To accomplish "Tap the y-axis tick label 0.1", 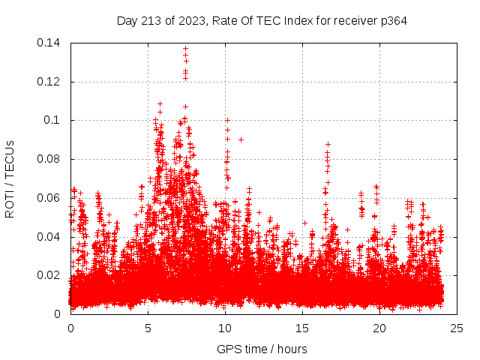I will click(53, 120).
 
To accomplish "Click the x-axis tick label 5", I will click(148, 328).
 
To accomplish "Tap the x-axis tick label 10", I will click(225, 328).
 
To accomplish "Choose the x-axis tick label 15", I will click(302, 328).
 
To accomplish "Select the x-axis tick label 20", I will click(379, 328).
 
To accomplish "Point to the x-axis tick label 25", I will click(457, 328).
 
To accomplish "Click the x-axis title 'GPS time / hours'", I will click(262, 349).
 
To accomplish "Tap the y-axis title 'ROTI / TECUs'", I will click(10, 178).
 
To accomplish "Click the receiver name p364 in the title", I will click(392, 21).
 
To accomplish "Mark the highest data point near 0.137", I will click(185, 49).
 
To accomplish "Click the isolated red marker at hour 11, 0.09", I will click(241, 139).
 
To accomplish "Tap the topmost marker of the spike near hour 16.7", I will click(328, 144).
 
